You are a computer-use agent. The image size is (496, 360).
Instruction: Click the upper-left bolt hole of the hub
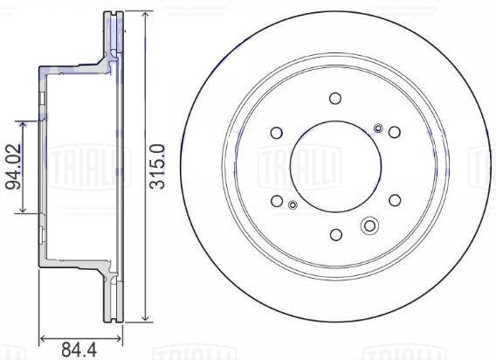pos(277,133)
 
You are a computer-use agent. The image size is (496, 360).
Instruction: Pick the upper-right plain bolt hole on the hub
pos(395,133)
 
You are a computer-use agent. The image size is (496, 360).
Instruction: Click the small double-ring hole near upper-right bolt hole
pos(378,128)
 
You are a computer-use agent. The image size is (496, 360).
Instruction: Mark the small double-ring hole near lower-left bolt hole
pos(293,205)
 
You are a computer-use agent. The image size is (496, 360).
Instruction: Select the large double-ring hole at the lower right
pos(369,226)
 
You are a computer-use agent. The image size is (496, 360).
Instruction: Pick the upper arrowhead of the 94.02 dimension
pos(25,120)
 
